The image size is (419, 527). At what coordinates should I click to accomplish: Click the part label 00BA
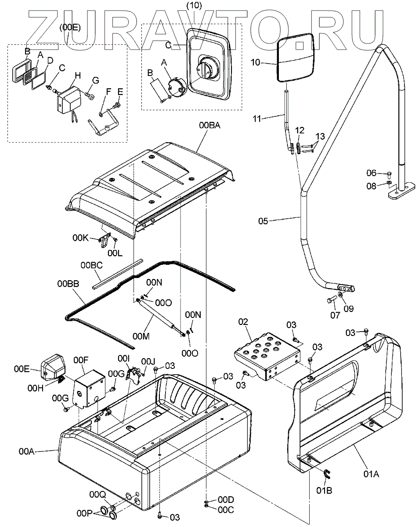(x=209, y=126)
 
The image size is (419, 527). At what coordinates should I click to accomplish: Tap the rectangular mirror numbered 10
(x=295, y=58)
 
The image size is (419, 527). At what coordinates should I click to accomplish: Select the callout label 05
(x=263, y=221)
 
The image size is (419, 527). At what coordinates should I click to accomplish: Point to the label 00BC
(x=92, y=265)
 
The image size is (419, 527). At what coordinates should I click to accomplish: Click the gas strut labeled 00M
(x=160, y=318)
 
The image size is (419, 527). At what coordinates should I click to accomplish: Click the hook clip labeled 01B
(x=327, y=474)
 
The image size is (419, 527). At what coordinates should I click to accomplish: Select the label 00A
(x=26, y=451)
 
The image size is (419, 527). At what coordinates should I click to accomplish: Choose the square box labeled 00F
(x=90, y=389)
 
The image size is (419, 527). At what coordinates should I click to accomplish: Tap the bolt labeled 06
(x=389, y=174)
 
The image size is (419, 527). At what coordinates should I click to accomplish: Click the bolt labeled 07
(x=332, y=300)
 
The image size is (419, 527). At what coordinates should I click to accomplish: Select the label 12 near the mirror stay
(x=300, y=130)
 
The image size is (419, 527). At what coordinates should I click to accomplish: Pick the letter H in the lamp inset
(x=78, y=76)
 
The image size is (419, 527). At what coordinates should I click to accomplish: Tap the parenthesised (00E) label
(x=70, y=27)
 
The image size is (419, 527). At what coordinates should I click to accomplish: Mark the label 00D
(x=226, y=500)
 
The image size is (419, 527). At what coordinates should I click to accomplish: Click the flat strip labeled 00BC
(x=118, y=274)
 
